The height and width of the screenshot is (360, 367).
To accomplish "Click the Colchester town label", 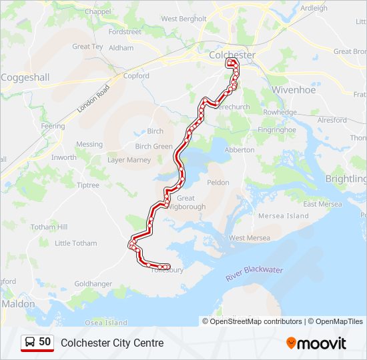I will (x=232, y=54).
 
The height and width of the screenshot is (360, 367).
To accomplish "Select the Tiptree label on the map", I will (x=89, y=185).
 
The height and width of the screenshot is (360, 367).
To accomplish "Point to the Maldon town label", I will (x=18, y=303).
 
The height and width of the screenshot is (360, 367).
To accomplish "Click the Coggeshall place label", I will (x=25, y=77).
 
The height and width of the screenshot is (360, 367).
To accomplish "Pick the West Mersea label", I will (x=250, y=238).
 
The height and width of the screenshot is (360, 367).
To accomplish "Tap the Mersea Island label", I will (x=287, y=216).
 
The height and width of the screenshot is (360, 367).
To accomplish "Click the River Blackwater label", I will (x=254, y=273).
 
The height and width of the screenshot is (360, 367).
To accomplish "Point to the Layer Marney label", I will (x=129, y=160).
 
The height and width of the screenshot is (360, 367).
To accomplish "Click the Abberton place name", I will (x=240, y=150).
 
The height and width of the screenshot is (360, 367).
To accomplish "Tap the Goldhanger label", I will (x=93, y=283).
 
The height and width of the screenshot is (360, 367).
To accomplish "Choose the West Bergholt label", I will (x=184, y=19).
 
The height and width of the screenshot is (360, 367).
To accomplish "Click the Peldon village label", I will (x=218, y=182).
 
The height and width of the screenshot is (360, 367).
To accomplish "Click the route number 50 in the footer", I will (x=45, y=342).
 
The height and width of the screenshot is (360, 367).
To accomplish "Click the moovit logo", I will (x=316, y=343).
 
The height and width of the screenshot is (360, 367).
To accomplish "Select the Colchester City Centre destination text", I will (x=112, y=343).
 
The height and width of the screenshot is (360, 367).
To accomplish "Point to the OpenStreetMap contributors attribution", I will (x=256, y=321).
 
